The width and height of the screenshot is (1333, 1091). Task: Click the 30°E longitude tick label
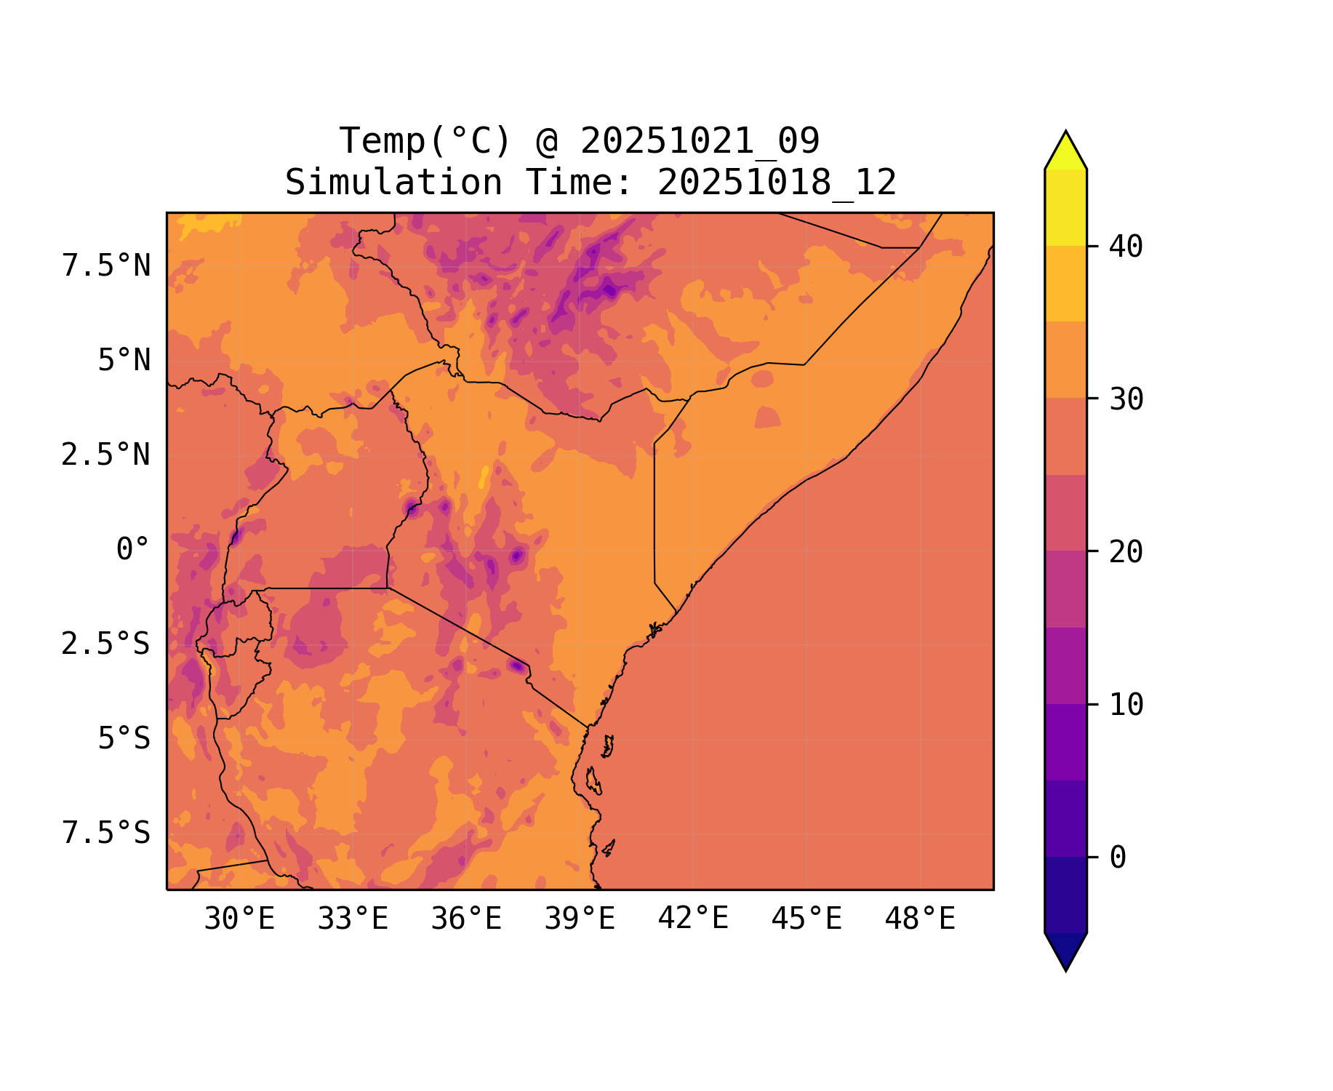point(239,919)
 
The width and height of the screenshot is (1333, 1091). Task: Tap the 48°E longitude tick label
point(920,919)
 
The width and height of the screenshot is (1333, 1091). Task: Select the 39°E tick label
point(580,919)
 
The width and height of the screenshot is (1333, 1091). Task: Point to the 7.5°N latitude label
point(106,266)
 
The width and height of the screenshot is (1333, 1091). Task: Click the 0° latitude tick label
point(133,549)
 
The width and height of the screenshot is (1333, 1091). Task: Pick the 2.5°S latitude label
point(106,644)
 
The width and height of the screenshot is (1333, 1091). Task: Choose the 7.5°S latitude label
point(106,833)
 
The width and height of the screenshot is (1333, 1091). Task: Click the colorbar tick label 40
point(1126,247)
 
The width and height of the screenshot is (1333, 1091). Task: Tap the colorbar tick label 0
point(1118,858)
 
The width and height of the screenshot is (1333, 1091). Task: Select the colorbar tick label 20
point(1126,552)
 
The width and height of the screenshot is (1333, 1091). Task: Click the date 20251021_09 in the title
point(700,140)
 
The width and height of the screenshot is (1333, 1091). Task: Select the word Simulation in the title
point(393,182)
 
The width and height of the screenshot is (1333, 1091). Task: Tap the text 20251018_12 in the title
point(777,182)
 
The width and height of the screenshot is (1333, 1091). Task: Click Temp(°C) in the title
point(425,140)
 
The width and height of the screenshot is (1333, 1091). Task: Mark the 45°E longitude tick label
point(806,919)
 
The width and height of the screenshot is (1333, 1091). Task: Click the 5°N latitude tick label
point(124,361)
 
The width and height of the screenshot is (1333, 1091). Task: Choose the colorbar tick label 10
point(1126,705)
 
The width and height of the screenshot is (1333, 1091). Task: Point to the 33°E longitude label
point(353,919)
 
